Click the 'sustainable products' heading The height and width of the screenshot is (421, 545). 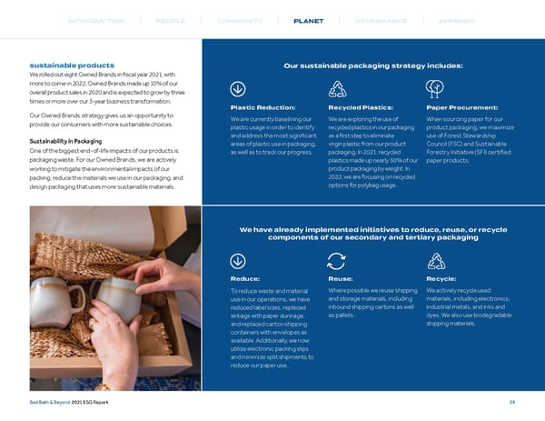click(x=72, y=65)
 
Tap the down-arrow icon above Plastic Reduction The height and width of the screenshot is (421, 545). click(x=239, y=88)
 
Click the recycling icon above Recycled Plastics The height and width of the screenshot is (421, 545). click(x=337, y=88)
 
